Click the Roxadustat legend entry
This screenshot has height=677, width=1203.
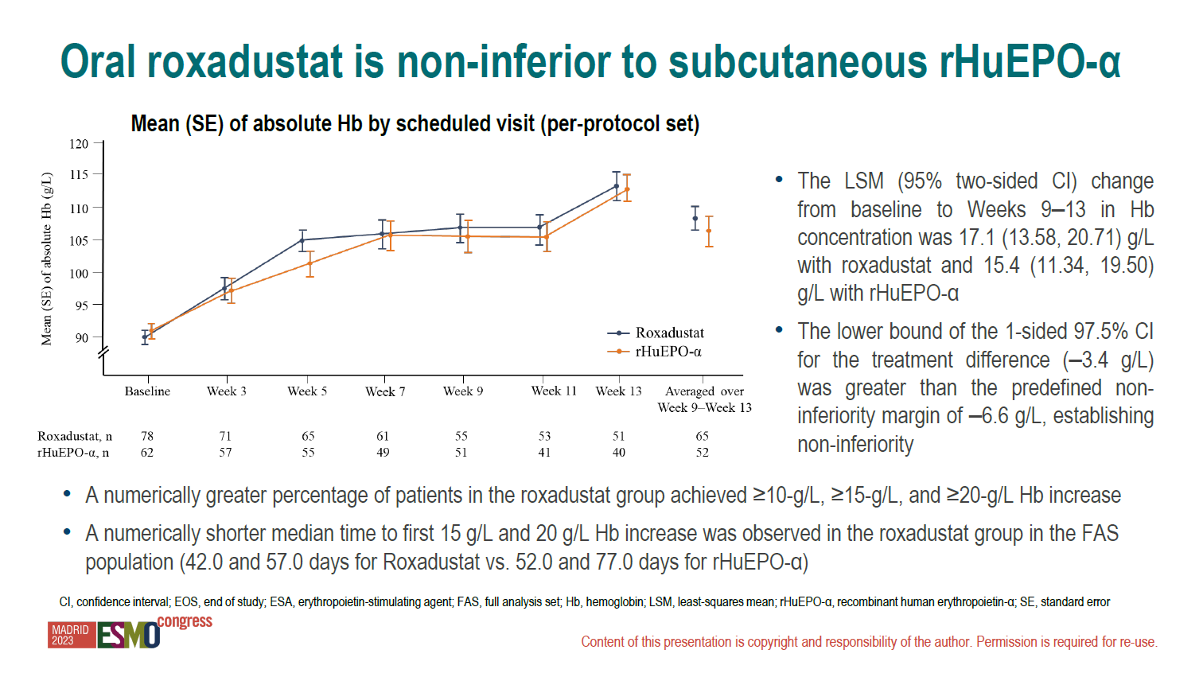coord(656,333)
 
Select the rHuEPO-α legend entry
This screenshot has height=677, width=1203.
coord(654,352)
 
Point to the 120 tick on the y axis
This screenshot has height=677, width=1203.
coord(79,144)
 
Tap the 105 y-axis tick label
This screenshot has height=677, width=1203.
coord(79,240)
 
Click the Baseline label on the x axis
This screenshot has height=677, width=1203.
coord(147,391)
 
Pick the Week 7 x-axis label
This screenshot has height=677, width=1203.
coord(385,391)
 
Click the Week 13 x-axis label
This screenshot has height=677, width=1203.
coord(618,391)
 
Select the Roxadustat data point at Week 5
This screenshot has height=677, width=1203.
coord(303,240)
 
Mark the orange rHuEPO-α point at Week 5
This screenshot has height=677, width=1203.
coord(310,263)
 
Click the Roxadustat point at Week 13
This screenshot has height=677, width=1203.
coord(617,186)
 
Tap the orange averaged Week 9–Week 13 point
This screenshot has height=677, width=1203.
coord(709,231)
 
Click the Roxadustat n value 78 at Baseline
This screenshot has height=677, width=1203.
coord(146,436)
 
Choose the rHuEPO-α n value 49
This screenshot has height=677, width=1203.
coord(383,453)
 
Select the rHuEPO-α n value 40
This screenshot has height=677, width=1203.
coord(619,453)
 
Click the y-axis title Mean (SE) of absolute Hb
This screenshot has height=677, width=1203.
coord(47,259)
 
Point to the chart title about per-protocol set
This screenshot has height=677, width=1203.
coord(415,124)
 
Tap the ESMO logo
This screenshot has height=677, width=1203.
coord(128,635)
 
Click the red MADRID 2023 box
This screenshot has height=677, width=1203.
coord(72,635)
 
